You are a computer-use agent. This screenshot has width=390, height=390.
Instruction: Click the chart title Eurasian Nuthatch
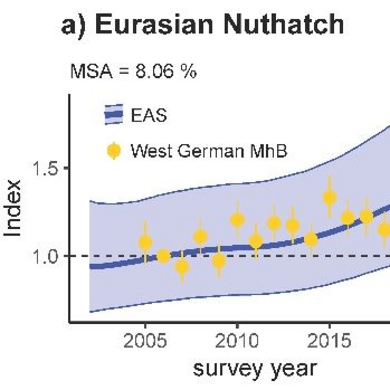(203, 24)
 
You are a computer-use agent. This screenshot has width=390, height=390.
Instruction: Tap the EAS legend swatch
(114, 115)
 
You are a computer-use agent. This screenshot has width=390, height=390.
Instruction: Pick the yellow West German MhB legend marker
(114, 151)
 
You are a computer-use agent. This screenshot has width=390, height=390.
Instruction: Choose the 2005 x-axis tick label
(145, 341)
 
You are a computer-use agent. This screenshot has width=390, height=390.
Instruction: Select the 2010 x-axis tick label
(237, 341)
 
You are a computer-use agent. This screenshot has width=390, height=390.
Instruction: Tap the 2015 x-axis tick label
(329, 341)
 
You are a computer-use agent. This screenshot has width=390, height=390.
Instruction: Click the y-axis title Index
(13, 208)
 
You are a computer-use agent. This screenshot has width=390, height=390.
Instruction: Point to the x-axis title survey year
(255, 368)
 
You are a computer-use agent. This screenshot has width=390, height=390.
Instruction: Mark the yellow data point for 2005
(145, 242)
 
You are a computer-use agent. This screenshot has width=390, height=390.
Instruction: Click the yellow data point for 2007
(182, 266)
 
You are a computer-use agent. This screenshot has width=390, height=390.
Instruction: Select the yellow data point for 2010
(237, 220)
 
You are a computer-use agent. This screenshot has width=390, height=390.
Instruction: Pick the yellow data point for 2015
(330, 197)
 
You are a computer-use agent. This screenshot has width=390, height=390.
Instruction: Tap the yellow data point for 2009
(219, 261)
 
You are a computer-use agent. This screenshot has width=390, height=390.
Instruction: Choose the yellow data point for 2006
(163, 256)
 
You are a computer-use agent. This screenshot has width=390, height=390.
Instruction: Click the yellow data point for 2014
(311, 239)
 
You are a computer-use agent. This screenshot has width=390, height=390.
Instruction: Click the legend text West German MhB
(209, 151)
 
